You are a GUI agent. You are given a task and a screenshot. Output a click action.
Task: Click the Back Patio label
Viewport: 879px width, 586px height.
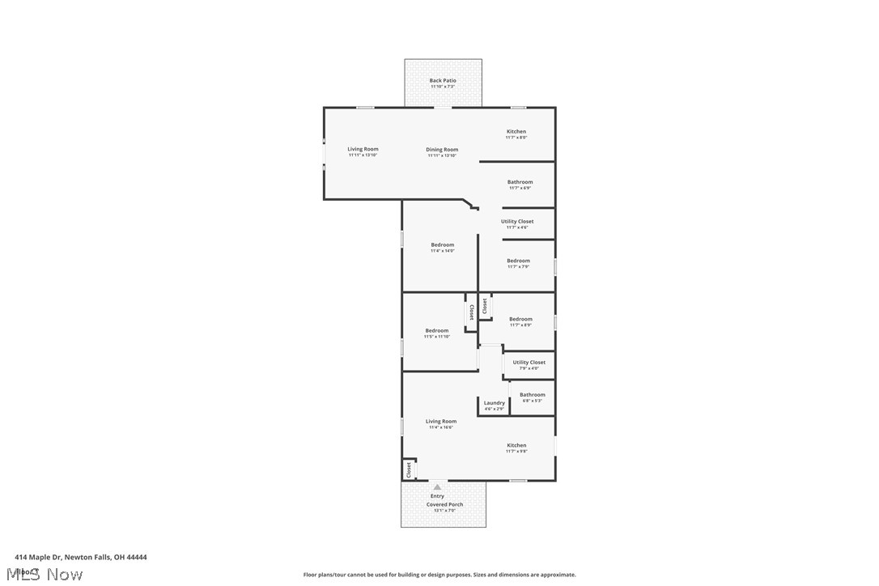[x=443, y=81]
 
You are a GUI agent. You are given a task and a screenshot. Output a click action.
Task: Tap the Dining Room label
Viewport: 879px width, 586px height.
[x=442, y=150]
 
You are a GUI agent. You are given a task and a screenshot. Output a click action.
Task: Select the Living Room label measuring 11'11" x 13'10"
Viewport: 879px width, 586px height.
[x=363, y=149]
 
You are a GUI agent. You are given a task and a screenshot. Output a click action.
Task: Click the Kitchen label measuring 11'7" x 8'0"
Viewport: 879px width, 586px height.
[x=516, y=132]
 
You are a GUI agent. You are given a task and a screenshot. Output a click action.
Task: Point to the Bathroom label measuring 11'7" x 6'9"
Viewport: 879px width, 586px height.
[x=520, y=182]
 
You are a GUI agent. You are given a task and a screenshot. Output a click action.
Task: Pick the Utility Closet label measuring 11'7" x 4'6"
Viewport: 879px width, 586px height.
[x=517, y=222]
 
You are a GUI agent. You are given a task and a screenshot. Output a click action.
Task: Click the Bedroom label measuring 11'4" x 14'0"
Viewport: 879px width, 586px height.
[x=442, y=245]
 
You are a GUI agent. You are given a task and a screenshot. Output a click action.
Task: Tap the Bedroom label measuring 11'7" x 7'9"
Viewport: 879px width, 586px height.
[x=518, y=261]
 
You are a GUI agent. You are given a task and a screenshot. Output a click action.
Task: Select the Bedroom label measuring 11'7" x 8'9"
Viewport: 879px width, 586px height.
[x=520, y=320]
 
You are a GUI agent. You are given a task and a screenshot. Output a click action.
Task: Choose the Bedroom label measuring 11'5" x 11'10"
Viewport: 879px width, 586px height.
[x=436, y=330]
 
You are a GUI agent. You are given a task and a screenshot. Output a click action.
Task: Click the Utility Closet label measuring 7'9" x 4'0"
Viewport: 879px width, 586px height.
[x=529, y=363]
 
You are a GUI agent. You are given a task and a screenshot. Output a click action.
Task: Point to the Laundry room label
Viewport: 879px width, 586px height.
[x=494, y=403]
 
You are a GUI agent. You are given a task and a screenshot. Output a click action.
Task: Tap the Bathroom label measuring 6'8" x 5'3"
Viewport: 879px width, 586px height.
[x=532, y=395]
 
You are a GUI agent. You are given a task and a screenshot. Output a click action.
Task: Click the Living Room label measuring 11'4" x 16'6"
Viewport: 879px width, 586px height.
[x=441, y=422]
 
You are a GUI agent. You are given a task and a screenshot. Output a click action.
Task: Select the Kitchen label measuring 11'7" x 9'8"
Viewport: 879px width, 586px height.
[x=516, y=445]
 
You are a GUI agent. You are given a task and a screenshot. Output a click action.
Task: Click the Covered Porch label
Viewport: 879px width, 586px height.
[x=444, y=505]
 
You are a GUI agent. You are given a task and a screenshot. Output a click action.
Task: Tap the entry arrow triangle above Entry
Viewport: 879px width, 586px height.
[x=437, y=487]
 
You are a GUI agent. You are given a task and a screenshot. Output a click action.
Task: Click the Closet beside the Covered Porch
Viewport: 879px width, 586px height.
[x=409, y=469]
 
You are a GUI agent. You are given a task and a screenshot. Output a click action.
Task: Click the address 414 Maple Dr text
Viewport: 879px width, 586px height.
[x=80, y=557]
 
